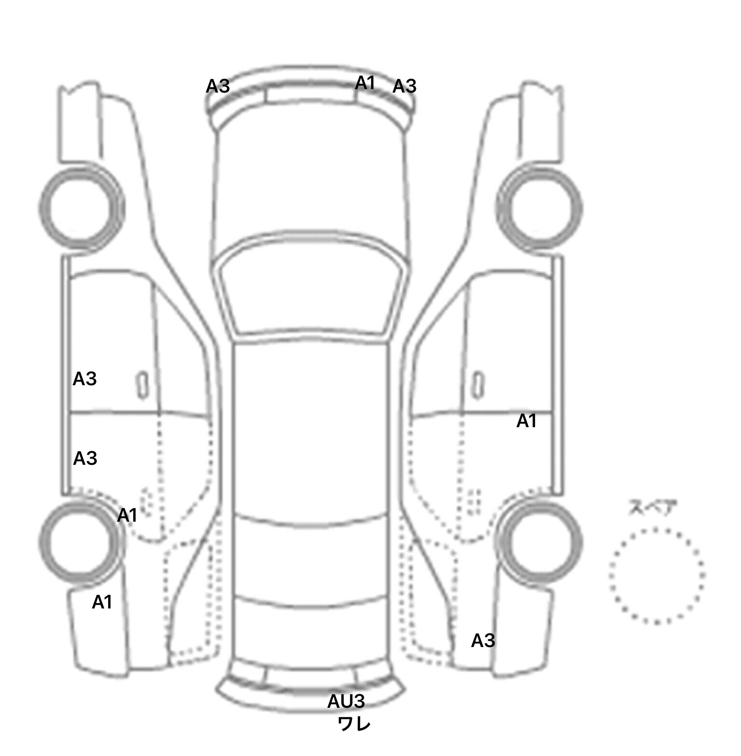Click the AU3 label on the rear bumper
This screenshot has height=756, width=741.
point(346,702)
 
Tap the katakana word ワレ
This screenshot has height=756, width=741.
point(354,724)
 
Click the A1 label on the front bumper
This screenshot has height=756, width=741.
point(365,83)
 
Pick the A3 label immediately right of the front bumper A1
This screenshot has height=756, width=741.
point(404,86)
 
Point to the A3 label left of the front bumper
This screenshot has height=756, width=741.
point(218,86)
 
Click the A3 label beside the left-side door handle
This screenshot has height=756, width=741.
point(85,379)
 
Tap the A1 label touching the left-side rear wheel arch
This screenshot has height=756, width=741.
point(127,515)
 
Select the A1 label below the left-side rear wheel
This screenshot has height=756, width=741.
point(102,602)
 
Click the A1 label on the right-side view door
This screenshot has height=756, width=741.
point(526,421)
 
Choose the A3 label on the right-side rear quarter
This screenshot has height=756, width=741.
point(483,641)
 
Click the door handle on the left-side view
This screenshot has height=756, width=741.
point(142,385)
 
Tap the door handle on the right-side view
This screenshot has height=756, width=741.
point(478,385)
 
